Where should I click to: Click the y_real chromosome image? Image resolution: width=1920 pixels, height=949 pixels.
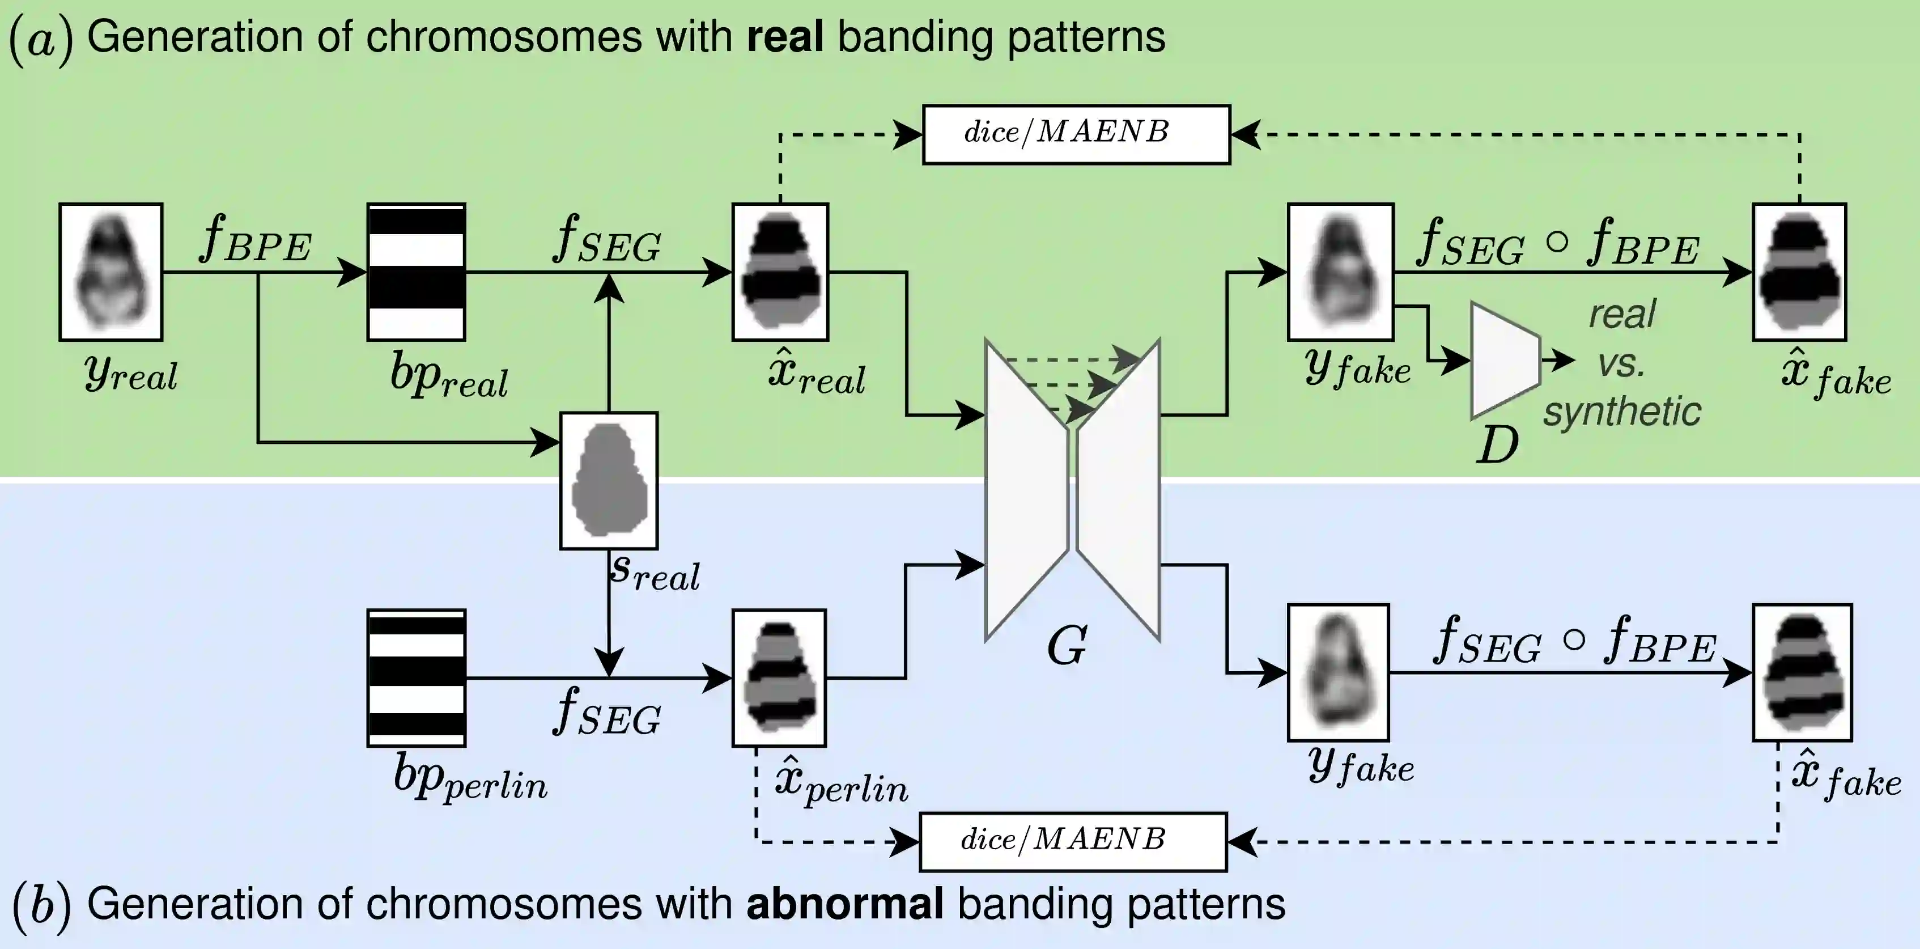111,272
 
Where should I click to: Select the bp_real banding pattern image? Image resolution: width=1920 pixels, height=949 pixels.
417,272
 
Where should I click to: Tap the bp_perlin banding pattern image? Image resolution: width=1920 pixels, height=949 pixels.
417,677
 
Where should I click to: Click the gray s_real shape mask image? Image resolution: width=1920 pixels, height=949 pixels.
609,481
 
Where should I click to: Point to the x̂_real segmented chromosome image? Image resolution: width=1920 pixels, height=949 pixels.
780,272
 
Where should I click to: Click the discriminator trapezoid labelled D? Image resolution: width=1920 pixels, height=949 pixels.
1504,361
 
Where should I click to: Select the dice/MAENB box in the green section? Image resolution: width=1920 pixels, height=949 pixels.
1076,134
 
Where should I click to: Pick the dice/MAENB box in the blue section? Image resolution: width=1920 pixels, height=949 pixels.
1073,842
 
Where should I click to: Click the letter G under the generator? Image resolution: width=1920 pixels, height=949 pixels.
1067,646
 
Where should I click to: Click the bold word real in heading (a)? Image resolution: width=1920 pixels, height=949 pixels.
785,37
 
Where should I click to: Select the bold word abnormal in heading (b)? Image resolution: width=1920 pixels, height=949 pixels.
844,904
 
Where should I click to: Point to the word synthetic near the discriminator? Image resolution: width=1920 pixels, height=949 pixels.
1622,412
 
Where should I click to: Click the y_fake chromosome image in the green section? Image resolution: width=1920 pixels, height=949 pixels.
1340,272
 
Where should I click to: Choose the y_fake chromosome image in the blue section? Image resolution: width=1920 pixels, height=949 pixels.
1338,672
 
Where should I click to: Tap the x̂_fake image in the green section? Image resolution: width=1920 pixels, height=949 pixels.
1799,272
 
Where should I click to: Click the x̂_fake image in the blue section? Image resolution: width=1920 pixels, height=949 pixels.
1802,672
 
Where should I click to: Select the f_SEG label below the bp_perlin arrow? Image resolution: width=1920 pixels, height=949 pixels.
607,713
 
